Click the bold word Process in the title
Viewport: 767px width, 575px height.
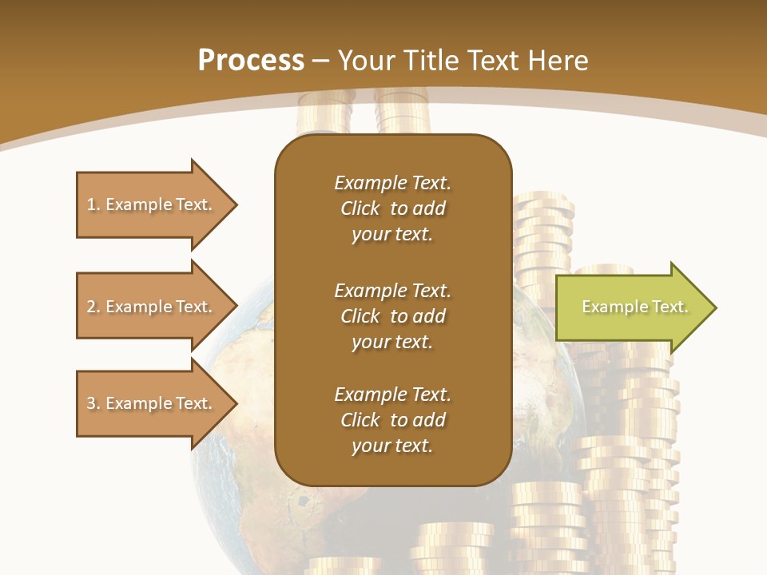pos(251,61)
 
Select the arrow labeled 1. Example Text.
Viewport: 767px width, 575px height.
pos(152,204)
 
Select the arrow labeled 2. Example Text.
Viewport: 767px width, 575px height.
pos(152,307)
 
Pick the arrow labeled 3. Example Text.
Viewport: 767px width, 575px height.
pos(152,403)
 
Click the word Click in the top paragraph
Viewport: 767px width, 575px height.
pos(360,208)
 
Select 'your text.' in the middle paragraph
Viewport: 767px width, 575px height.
pos(392,342)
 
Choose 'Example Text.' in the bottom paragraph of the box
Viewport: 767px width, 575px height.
pos(392,395)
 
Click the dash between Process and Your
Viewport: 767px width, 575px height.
pos(320,61)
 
